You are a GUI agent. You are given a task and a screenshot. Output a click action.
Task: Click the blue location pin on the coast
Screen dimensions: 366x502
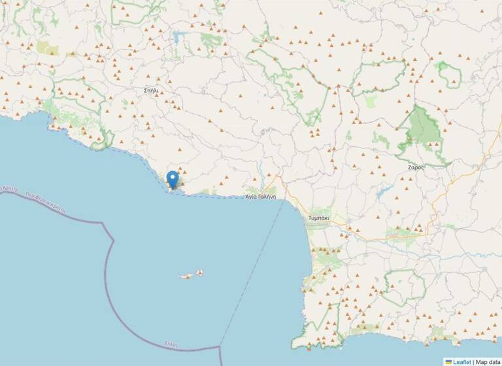pyautogui.click(x=173, y=178)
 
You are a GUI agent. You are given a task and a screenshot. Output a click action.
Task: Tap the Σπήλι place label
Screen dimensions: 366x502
pyautogui.click(x=151, y=91)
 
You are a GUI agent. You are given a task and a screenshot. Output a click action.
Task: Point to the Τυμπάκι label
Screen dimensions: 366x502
pyautogui.click(x=320, y=218)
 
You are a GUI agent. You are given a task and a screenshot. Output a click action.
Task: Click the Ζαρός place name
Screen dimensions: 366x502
pyautogui.click(x=416, y=167)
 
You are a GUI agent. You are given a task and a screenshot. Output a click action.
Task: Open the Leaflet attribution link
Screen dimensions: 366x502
pyautogui.click(x=461, y=361)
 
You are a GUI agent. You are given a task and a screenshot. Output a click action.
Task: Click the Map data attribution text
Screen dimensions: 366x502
pyautogui.click(x=488, y=361)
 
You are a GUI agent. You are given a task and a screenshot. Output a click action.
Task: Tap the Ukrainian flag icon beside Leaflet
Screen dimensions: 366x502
pyautogui.click(x=448, y=361)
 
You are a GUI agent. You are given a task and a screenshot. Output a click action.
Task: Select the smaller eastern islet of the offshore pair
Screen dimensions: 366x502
pyautogui.click(x=199, y=273)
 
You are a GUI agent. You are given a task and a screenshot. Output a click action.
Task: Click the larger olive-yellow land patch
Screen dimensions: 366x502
pyautogui.click(x=47, y=48)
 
